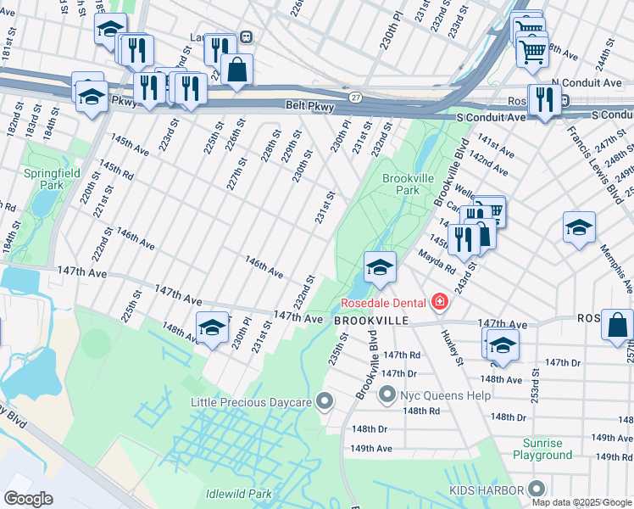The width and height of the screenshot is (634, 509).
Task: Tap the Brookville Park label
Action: (401, 184)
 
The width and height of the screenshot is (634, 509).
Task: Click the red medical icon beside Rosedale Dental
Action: (439, 302)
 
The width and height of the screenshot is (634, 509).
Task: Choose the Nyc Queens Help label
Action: (435, 395)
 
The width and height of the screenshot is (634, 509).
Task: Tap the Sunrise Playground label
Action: (542, 449)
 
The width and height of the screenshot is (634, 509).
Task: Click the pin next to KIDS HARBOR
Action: (535, 489)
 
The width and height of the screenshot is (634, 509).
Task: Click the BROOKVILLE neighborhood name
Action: (371, 322)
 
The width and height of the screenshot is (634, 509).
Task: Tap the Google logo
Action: (29, 499)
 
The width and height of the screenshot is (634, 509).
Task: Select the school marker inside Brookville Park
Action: (380, 267)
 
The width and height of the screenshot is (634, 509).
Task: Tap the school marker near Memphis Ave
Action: (579, 227)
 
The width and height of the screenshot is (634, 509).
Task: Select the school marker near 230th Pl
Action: (212, 327)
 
